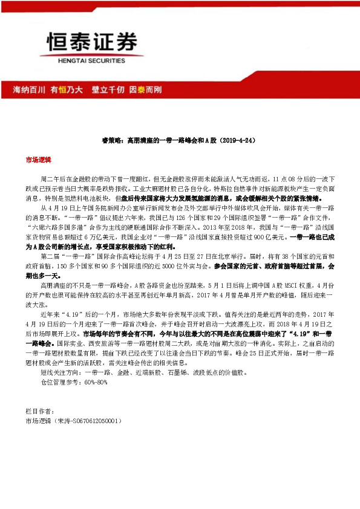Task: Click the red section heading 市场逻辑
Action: tap(38, 161)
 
